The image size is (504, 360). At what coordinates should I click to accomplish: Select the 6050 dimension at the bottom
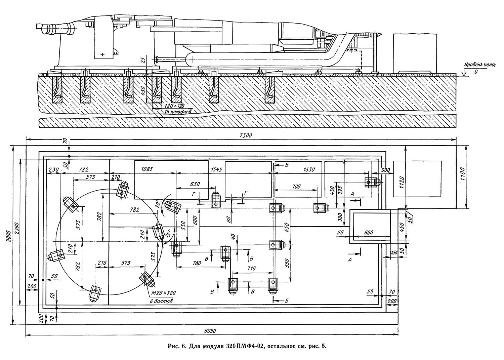click(210, 331)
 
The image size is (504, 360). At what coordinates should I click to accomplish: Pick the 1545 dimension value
click(216, 170)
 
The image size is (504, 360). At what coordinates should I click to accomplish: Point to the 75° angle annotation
click(167, 233)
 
